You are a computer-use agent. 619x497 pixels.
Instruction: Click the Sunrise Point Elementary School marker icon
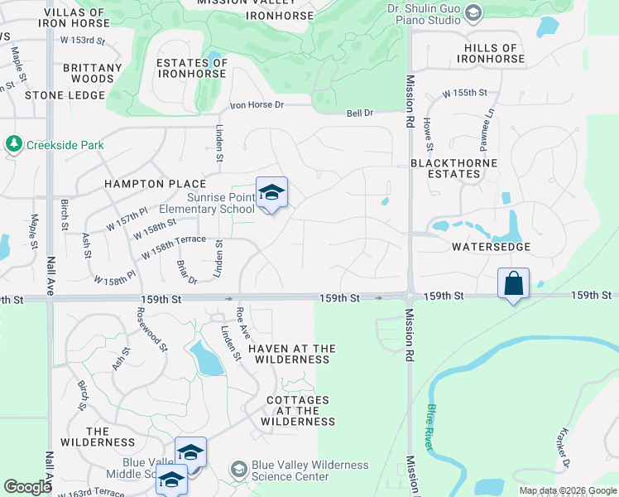(x=271, y=194)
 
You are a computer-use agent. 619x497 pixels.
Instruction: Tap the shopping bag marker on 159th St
(x=513, y=284)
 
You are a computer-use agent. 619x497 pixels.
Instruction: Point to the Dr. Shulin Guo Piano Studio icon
(x=473, y=12)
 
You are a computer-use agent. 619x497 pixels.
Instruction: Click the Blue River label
(x=430, y=427)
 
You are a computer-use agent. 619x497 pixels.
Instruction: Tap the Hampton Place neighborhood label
(x=155, y=183)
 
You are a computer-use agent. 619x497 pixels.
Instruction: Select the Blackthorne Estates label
(x=445, y=168)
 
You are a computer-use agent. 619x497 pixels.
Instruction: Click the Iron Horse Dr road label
(x=257, y=105)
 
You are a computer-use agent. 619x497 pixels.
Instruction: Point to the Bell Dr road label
(x=360, y=113)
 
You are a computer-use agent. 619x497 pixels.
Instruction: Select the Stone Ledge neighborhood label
(x=65, y=95)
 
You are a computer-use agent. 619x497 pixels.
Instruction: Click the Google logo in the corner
(x=28, y=486)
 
